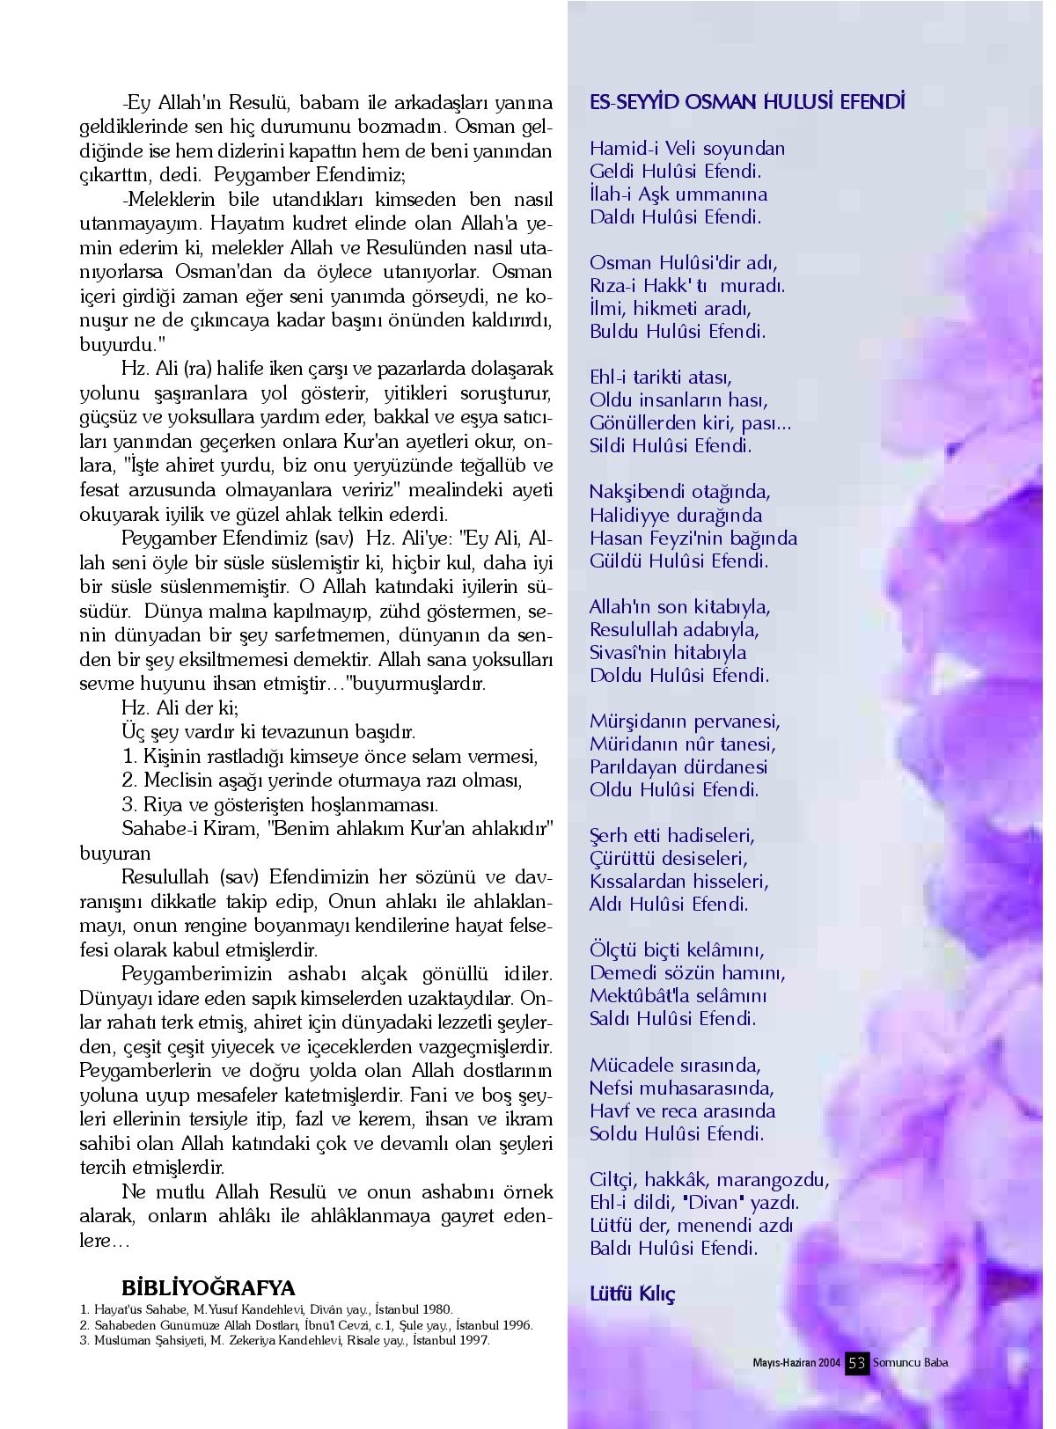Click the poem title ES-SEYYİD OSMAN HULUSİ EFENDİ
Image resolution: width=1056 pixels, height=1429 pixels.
[747, 102]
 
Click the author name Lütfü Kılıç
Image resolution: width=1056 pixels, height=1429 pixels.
[632, 1293]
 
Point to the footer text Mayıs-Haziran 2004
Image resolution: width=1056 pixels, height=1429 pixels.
[796, 1363]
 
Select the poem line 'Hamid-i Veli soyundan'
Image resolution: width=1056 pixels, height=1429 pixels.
[687, 148]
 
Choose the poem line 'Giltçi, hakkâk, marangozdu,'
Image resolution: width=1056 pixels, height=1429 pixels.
[709, 1179]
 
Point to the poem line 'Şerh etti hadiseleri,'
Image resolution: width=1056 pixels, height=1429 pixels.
[672, 835]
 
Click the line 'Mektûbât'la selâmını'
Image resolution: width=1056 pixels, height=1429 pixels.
[678, 996]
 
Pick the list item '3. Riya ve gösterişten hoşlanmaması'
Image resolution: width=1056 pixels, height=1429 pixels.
[280, 804]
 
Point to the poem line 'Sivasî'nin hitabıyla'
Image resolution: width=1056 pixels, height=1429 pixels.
[668, 652]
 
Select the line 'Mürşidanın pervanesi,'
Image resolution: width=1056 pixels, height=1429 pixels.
[685, 721]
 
